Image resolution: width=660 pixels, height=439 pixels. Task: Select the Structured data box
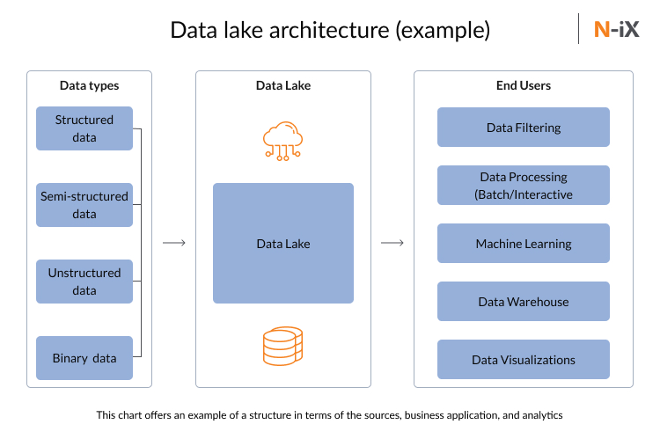[x=84, y=128]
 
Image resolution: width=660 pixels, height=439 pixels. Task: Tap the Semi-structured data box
[x=84, y=205]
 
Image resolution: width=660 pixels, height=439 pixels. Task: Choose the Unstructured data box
[x=84, y=282]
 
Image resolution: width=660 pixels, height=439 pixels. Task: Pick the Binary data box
[x=84, y=358]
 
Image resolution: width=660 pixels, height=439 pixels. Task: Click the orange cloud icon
[x=282, y=139]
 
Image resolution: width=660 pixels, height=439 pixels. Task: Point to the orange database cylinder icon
[x=282, y=346]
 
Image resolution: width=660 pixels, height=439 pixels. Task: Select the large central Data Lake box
[x=282, y=243]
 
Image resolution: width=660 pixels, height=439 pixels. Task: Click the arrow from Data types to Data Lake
[x=174, y=243]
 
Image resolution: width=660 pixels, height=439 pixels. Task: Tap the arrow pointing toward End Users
[x=392, y=243]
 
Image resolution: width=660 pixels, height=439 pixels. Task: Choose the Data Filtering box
[x=524, y=128]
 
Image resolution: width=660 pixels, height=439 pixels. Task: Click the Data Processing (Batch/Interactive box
[x=524, y=186]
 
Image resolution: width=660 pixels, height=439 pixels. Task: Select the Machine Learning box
[x=524, y=244]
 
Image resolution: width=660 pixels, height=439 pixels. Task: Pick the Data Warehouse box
[x=524, y=302]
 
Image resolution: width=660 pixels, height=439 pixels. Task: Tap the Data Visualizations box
[x=524, y=360]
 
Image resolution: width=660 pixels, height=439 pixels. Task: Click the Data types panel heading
[x=89, y=86]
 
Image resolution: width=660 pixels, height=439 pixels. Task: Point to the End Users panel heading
[x=524, y=86]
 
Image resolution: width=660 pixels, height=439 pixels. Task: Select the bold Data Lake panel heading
[x=282, y=86]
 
